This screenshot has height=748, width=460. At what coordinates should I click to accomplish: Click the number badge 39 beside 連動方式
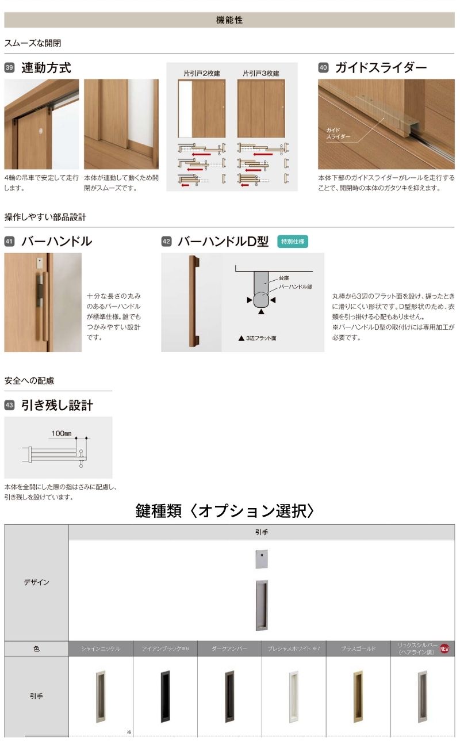tap(9, 68)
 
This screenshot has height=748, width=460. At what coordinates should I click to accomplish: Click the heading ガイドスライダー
tap(381, 68)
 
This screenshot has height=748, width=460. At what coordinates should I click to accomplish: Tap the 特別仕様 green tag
tap(293, 242)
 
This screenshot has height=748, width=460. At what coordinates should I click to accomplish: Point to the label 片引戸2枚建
tap(202, 73)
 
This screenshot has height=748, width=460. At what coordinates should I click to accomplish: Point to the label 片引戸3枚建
tap(261, 73)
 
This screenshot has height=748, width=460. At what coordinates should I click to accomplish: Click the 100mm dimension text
tap(61, 433)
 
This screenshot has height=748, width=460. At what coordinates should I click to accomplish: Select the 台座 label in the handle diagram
tap(284, 277)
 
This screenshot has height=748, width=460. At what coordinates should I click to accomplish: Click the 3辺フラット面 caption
tap(260, 338)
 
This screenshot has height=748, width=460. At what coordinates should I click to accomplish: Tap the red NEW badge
tap(444, 648)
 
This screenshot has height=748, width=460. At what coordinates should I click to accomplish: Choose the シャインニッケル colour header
tap(101, 648)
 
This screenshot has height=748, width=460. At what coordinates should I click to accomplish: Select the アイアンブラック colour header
tap(165, 648)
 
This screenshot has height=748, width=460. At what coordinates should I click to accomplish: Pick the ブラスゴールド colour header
tap(358, 648)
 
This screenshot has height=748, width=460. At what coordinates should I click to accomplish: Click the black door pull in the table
tap(166, 696)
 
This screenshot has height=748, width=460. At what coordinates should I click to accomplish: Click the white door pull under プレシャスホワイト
tap(294, 696)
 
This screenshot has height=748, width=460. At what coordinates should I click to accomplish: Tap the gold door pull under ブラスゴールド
tap(358, 696)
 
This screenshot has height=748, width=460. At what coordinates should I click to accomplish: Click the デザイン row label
tap(36, 582)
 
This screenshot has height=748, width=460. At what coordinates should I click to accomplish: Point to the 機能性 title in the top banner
tap(229, 20)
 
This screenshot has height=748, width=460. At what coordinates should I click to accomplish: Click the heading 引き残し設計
tap(57, 406)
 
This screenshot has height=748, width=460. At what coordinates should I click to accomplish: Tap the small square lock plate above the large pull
tap(262, 559)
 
